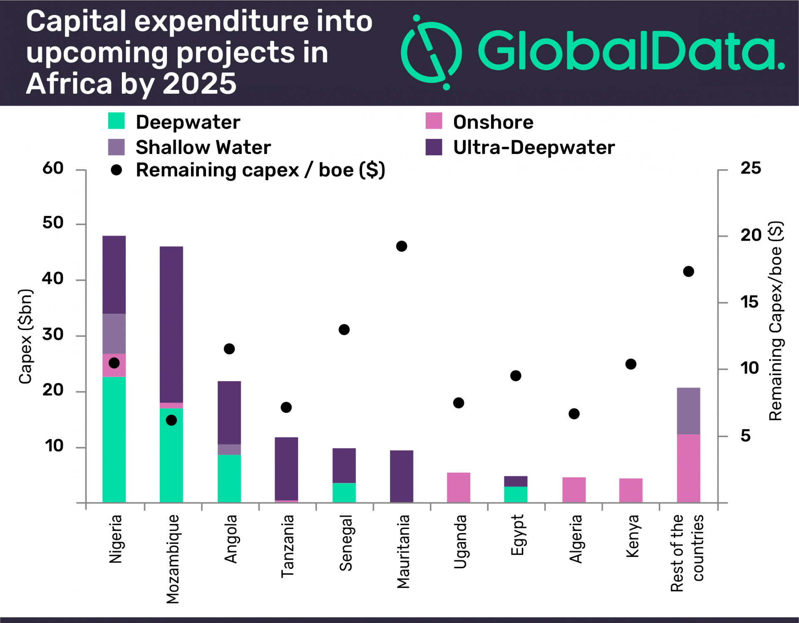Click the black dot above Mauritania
[x=401, y=246]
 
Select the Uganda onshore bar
[x=458, y=487]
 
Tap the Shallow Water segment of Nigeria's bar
[x=114, y=334]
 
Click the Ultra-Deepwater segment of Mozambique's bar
[x=171, y=325]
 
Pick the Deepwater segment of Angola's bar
[x=229, y=479]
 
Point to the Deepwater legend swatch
[x=116, y=121]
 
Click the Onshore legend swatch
[x=434, y=121]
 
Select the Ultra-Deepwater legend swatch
[x=434, y=147]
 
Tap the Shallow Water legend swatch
[x=116, y=147]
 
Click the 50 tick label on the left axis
[x=53, y=223]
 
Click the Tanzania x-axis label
[x=288, y=546]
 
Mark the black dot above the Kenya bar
[x=630, y=364]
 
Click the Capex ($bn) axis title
[x=25, y=336]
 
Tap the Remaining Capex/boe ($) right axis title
[x=776, y=320]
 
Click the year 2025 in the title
[x=199, y=84]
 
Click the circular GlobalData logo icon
[x=432, y=52]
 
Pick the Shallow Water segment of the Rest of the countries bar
[x=688, y=411]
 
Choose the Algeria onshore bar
[x=574, y=490]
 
